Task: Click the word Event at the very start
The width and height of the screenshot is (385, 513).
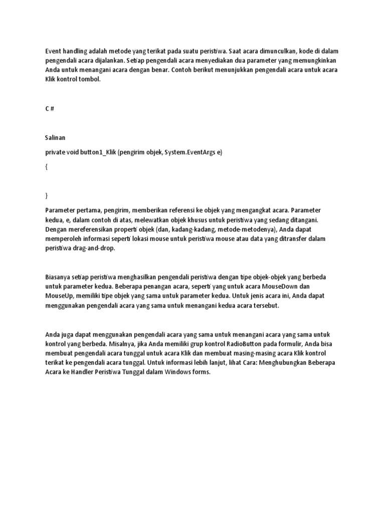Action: (x=54, y=51)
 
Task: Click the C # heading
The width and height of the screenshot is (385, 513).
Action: (x=49, y=109)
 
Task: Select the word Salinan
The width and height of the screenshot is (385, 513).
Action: (x=56, y=137)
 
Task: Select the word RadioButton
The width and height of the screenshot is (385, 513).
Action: (x=235, y=344)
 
